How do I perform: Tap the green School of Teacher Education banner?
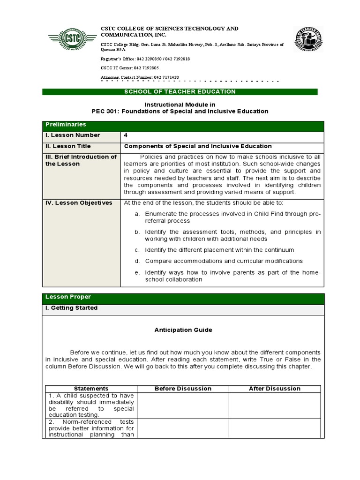pyautogui.click(x=180, y=92)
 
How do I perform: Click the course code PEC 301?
pyautogui.click(x=106, y=111)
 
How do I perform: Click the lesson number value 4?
pyautogui.click(x=126, y=135)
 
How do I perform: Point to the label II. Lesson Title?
pyautogui.click(x=67, y=146)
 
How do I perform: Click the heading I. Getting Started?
pyautogui.click(x=71, y=308)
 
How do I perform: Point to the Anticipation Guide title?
pyautogui.click(x=183, y=330)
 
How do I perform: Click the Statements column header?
pyautogui.click(x=91, y=389)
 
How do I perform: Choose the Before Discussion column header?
pyautogui.click(x=183, y=389)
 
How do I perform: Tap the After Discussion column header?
pyautogui.click(x=275, y=389)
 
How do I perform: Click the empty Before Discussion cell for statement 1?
pyautogui.click(x=183, y=405)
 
